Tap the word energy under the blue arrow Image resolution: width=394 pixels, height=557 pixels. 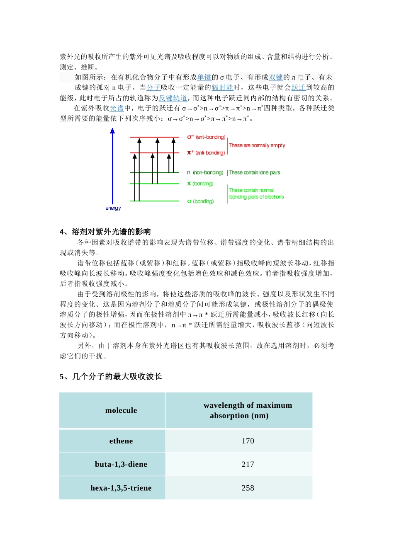coord(113,208)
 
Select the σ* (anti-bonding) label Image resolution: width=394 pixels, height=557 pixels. coord(206,137)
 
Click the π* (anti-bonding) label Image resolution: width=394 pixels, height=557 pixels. coord(206,153)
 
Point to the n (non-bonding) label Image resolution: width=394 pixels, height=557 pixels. coord(205,172)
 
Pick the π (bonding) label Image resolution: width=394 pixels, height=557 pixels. coord(200,184)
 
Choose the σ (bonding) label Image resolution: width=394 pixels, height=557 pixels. coord(200,201)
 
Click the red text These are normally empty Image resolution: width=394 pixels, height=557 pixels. coord(257,145)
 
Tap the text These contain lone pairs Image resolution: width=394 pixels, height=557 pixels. coord(254,172)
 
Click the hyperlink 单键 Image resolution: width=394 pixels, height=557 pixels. coord(204,77)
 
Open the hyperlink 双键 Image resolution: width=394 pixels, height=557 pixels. coord(276,77)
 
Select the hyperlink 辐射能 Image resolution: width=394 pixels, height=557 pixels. coord(222,87)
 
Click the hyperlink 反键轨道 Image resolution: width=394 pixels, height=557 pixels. coord(173,98)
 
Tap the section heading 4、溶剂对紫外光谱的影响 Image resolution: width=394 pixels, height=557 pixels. coord(105,232)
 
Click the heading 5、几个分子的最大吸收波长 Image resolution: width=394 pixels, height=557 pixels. coord(110,376)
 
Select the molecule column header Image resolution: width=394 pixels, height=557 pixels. coord(121,410)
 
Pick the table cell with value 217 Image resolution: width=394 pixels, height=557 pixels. coord(248,464)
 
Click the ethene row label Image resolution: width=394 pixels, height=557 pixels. coord(121,441)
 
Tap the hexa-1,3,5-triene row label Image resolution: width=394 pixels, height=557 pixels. coord(121,488)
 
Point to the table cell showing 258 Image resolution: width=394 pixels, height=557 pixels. coord(248,488)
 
